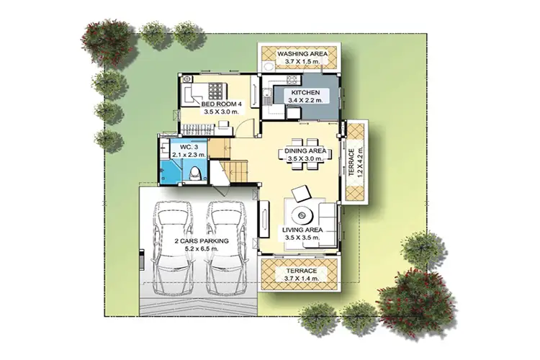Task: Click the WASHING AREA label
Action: pyautogui.click(x=302, y=54)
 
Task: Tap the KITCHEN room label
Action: pyautogui.click(x=305, y=92)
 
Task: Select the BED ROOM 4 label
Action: pyautogui.click(x=222, y=104)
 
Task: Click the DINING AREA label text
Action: pyautogui.click(x=305, y=151)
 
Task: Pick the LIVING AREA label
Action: pyautogui.click(x=302, y=230)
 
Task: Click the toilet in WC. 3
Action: pyautogui.click(x=195, y=173)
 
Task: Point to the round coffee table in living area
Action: pyautogui.click(x=302, y=216)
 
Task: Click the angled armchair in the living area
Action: pyautogui.click(x=301, y=194)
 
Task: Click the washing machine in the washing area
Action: pyautogui.click(x=267, y=66)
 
